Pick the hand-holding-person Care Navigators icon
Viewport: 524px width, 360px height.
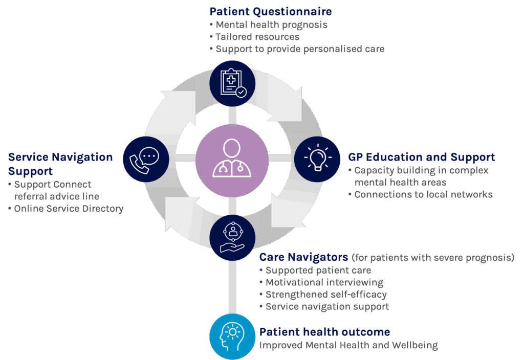click(x=232, y=237)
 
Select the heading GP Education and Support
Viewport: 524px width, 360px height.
click(x=421, y=157)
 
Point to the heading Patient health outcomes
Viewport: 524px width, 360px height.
click(x=324, y=332)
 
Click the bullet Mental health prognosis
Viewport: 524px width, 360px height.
click(x=271, y=25)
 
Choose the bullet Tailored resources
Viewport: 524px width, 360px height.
click(x=257, y=37)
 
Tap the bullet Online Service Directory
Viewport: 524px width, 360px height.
click(x=69, y=209)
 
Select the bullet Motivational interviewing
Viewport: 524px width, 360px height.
click(x=324, y=282)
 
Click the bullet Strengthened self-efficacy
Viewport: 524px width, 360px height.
click(x=326, y=295)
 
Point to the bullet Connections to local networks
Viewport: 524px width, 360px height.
click(x=423, y=194)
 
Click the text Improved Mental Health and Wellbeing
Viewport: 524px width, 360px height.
click(x=348, y=345)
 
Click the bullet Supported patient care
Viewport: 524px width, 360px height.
click(x=318, y=270)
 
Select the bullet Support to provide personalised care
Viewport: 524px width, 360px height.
click(x=300, y=49)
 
